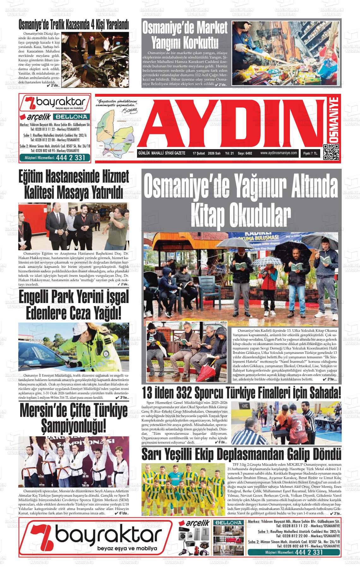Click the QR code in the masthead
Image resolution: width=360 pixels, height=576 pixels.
(331, 152)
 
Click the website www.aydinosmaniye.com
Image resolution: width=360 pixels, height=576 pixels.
(279, 153)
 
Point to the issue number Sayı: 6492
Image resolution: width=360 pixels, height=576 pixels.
(245, 153)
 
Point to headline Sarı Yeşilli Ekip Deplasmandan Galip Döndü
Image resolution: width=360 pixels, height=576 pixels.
(242, 455)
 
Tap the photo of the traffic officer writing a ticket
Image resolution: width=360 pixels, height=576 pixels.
(74, 347)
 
